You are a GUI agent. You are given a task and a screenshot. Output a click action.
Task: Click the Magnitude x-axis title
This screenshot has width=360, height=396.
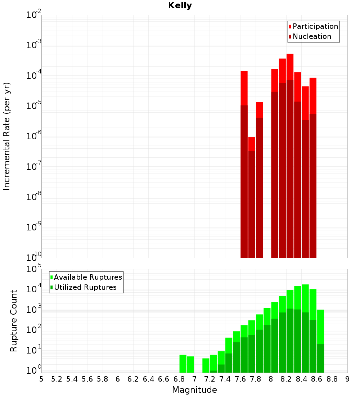tap(194, 390)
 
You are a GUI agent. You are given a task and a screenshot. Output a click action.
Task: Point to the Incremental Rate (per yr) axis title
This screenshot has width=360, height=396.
tap(7, 136)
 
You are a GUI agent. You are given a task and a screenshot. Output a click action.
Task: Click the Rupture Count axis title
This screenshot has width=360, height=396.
tap(14, 320)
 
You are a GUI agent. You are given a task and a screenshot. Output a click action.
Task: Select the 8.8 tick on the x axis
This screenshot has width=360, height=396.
tap(332, 379)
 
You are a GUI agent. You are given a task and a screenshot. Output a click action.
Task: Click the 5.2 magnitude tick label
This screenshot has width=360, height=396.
tap(57, 379)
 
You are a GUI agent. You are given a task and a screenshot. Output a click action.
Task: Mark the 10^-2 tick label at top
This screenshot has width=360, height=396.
tap(34, 15)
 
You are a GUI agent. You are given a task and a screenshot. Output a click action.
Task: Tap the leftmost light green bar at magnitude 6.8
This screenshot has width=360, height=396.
tap(183, 364)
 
